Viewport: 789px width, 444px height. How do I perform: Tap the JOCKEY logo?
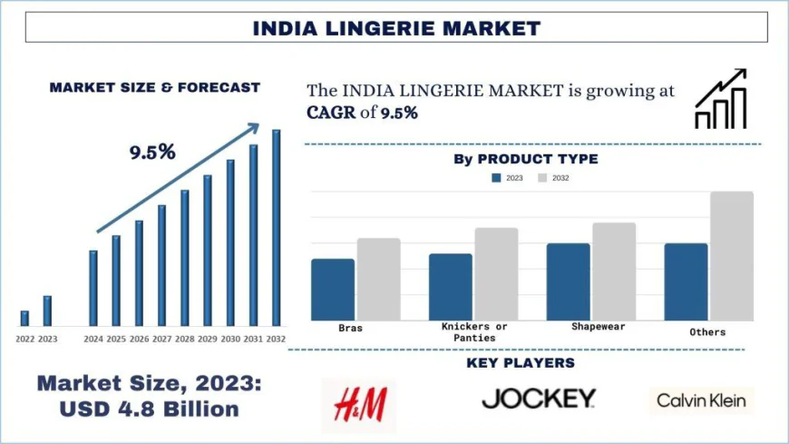tap(539, 398)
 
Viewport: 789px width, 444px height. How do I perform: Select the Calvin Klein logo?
tap(702, 400)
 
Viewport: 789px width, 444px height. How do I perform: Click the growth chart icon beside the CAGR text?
tap(721, 100)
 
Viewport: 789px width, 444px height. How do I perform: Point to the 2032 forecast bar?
tap(277, 227)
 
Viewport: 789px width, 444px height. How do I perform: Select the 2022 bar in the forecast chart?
tap(24, 318)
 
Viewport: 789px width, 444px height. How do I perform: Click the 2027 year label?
tap(161, 339)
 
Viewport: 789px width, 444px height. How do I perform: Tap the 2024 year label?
tap(93, 339)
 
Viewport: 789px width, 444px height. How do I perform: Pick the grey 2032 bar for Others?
tap(732, 255)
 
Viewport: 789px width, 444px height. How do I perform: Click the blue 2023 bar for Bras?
tap(333, 289)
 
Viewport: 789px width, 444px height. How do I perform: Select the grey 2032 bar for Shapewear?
tap(614, 271)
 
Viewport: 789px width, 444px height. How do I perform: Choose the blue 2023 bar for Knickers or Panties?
tap(451, 286)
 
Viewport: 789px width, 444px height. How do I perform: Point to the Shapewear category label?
tap(599, 326)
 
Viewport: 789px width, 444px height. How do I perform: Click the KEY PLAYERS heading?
tap(521, 363)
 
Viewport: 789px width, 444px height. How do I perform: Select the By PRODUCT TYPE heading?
tap(525, 159)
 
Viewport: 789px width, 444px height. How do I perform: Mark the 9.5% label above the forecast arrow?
tap(151, 152)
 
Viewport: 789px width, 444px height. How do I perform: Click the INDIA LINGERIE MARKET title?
tap(395, 28)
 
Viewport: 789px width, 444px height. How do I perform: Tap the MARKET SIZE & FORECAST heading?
tap(154, 88)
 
